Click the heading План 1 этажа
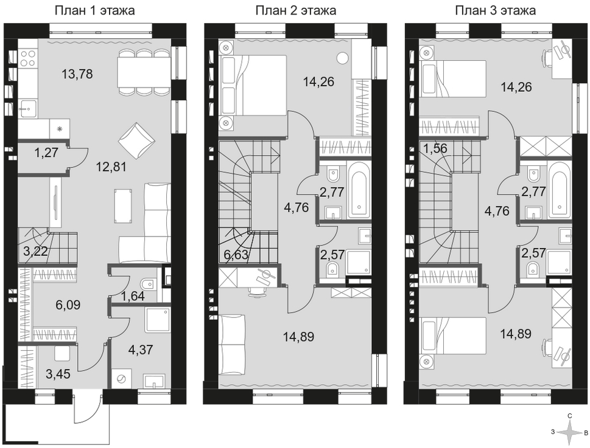pos(94,10)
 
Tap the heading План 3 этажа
pos(495,10)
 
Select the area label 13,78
pos(77,74)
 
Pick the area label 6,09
pos(68,305)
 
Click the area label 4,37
pos(140,350)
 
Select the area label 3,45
pos(58,374)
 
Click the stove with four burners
pos(28,58)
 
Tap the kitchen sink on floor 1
pos(28,109)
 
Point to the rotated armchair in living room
pos(136,141)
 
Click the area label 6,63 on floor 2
pos(236,255)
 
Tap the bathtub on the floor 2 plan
pos(360,190)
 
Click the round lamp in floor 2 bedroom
pos(342,58)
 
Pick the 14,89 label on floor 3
pos(516,333)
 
